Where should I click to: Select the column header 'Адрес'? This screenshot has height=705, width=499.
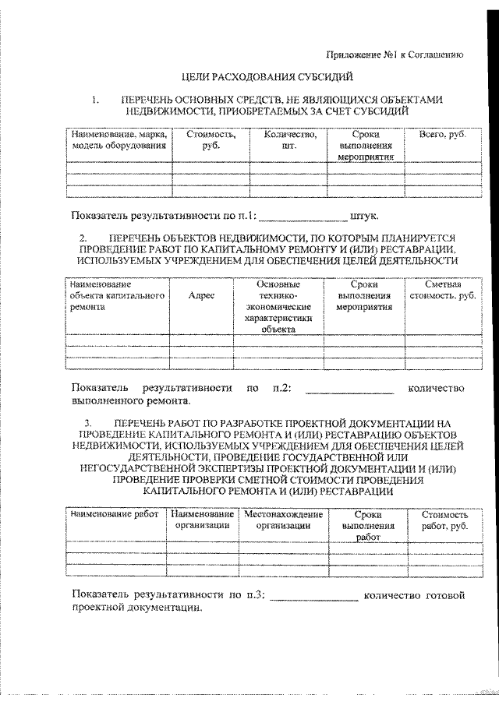pos(202,296)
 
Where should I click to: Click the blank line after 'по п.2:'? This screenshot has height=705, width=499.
pos(349,390)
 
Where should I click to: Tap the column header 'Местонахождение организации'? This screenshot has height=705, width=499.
pos(283,520)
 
